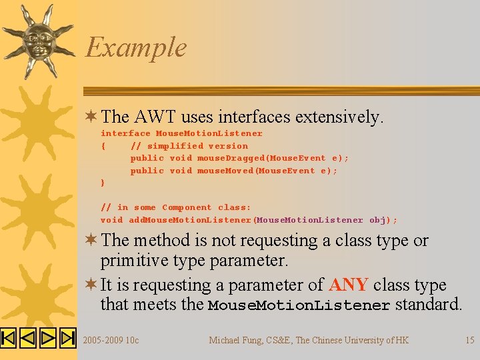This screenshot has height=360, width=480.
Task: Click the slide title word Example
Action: click(x=136, y=48)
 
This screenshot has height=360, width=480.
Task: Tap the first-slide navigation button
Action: click(x=9, y=339)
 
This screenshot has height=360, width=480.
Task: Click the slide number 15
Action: click(x=469, y=341)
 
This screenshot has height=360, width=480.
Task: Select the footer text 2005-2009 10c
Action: click(x=111, y=341)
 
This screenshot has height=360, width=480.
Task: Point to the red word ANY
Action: click(x=348, y=285)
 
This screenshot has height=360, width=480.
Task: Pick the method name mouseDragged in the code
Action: click(x=231, y=158)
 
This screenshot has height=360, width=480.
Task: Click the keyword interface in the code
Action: click(x=125, y=133)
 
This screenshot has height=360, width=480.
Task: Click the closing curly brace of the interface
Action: click(x=103, y=183)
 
